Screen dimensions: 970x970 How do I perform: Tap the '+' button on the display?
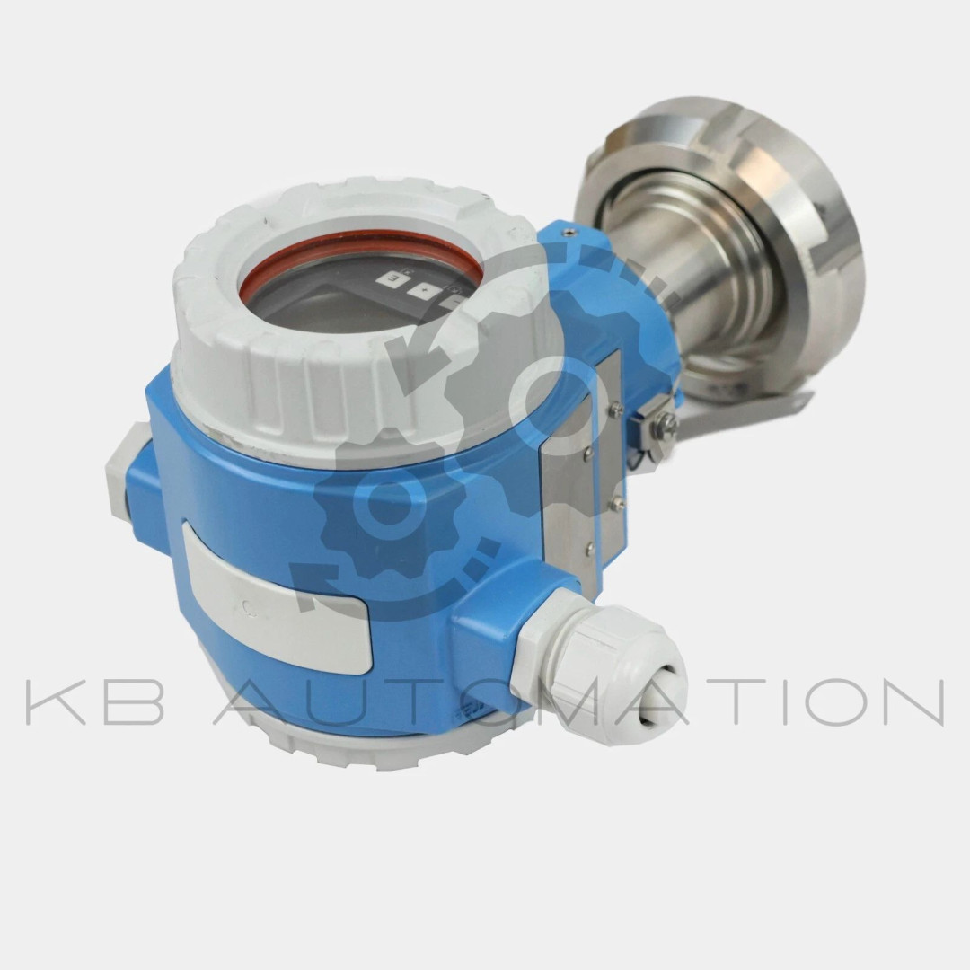pos(424,291)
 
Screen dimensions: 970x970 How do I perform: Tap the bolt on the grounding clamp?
pos(664,420)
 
